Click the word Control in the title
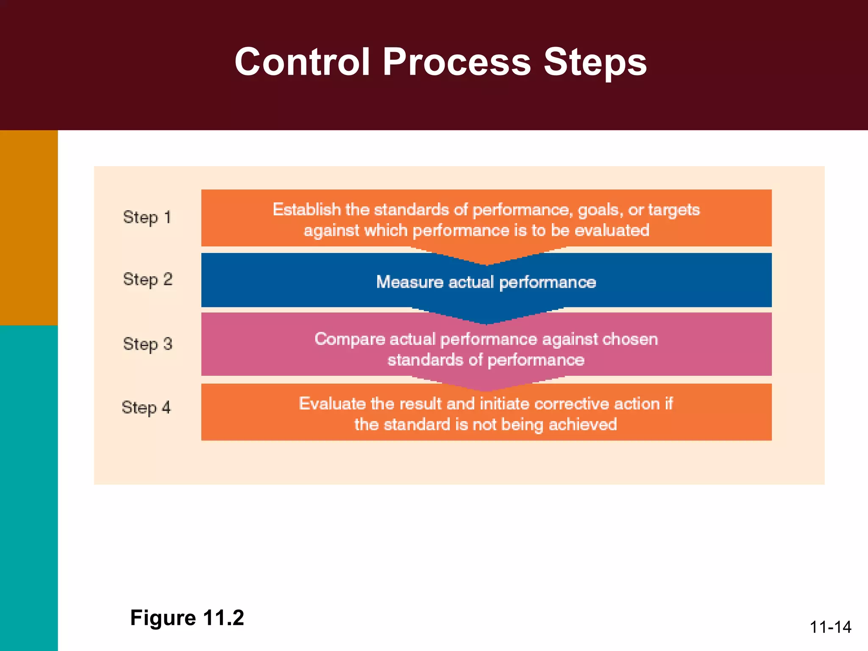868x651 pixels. [302, 62]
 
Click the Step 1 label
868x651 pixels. [147, 217]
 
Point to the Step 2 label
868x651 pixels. [147, 280]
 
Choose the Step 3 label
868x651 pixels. [147, 344]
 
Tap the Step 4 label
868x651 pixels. [146, 408]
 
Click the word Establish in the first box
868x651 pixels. [306, 209]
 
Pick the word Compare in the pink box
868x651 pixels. [349, 339]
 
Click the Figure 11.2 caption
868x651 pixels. [187, 618]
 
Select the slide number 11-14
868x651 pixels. [830, 627]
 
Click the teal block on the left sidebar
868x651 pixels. [28, 487]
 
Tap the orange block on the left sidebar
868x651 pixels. [28, 228]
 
